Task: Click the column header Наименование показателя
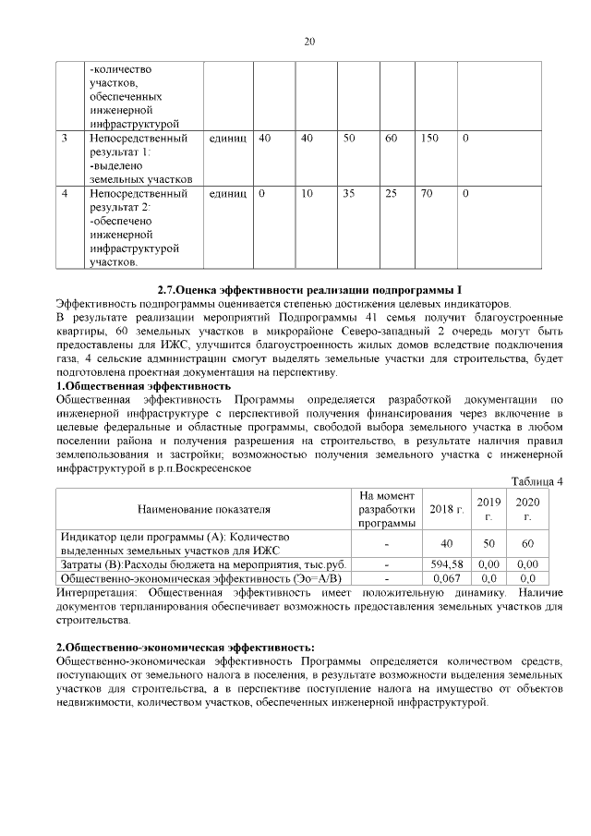click(204, 509)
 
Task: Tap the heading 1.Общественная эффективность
click(143, 385)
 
